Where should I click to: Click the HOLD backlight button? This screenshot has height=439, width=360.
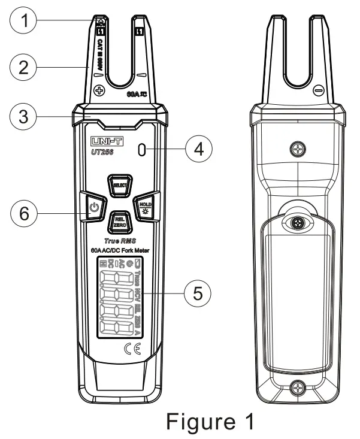point(144,207)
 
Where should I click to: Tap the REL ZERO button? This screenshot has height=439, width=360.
point(119,222)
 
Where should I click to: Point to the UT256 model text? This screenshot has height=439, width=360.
point(99,153)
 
